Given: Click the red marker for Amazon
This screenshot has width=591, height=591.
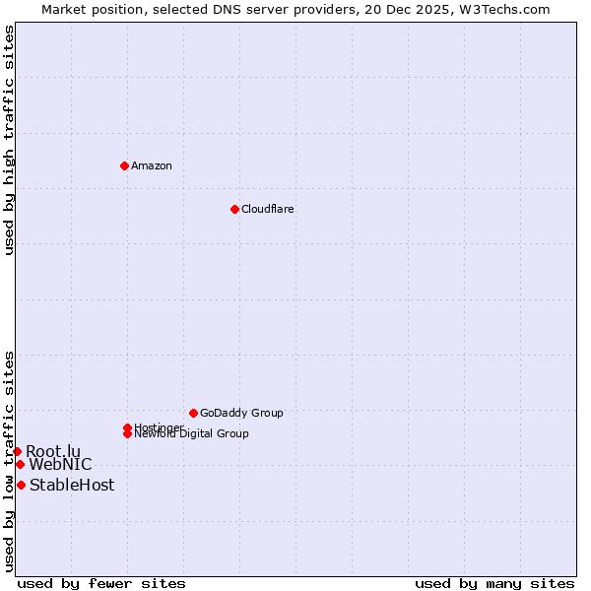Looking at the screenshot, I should click(x=124, y=165).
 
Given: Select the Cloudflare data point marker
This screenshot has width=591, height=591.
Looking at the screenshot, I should click(x=234, y=209).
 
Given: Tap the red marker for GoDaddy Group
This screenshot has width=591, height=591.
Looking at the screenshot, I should click(x=193, y=413).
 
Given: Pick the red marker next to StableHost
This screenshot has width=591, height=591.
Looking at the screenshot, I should click(x=21, y=485).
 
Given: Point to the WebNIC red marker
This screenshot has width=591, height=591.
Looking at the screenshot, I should click(x=20, y=464).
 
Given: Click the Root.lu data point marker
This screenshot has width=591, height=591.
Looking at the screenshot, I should click(x=17, y=451).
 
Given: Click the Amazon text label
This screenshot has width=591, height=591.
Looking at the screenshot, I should click(x=152, y=165).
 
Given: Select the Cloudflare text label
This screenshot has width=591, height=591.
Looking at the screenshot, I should click(x=267, y=209).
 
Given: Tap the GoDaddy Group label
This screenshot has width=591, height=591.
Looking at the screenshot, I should click(x=241, y=413).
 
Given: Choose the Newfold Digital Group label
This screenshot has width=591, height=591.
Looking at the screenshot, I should click(x=191, y=433).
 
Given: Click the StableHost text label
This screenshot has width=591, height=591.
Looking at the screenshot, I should click(x=72, y=485).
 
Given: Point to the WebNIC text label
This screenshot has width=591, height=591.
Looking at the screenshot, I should click(x=60, y=464).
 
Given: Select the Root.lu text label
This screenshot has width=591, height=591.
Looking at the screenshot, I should click(x=53, y=451).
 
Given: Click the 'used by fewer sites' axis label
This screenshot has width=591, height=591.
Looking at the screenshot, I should click(x=101, y=583).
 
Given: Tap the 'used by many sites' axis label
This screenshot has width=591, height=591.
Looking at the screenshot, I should click(x=494, y=583).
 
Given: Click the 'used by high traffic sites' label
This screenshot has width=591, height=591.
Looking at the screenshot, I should click(x=9, y=140).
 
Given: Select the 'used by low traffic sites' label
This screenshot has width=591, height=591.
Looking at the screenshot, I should click(x=9, y=461).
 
